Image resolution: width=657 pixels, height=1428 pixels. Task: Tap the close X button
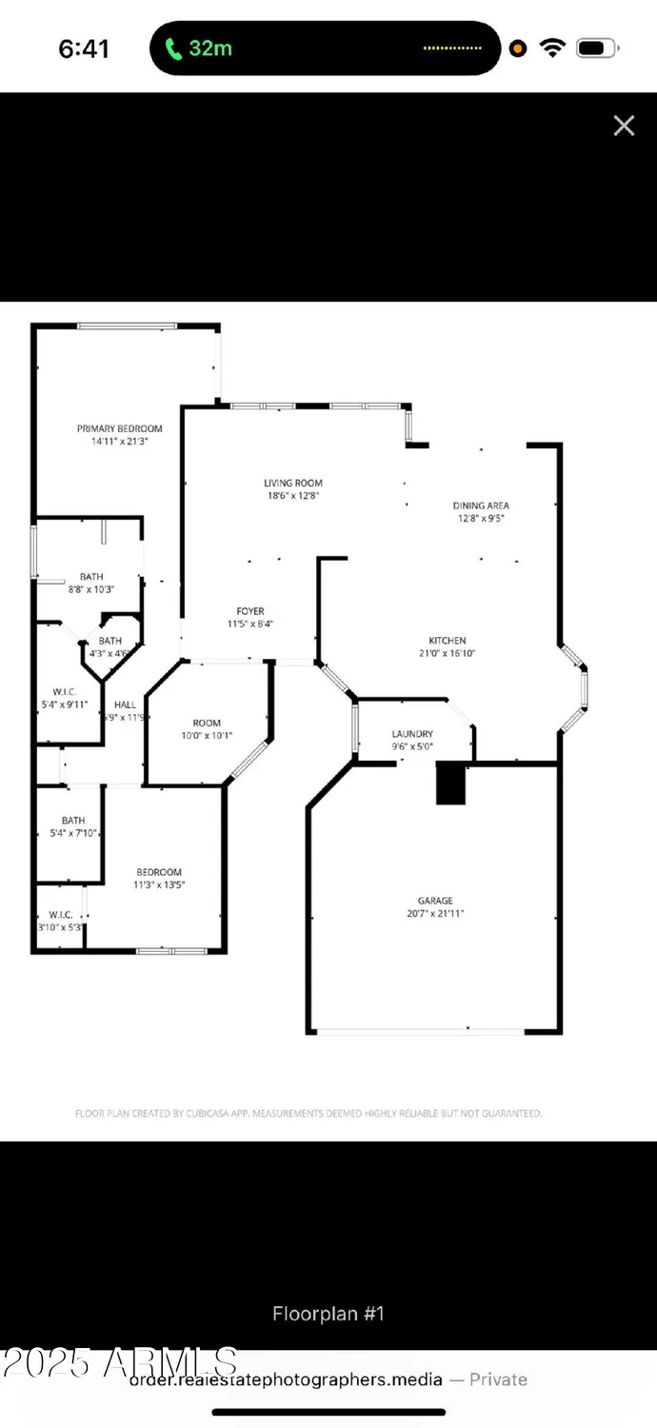click(x=624, y=126)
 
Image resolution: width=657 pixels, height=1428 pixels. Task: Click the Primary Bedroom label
click(x=120, y=435)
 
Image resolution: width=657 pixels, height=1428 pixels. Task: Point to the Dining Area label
click(x=481, y=512)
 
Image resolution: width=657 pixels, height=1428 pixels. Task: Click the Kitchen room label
click(x=447, y=647)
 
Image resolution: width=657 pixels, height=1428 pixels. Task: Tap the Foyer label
click(x=250, y=618)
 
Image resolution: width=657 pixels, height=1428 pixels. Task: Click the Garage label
click(x=435, y=907)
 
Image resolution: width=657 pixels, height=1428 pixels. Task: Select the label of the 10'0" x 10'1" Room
click(x=207, y=729)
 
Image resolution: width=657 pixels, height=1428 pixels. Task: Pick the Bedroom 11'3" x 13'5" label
click(x=159, y=878)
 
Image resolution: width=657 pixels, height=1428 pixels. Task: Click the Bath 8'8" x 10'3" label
click(x=91, y=583)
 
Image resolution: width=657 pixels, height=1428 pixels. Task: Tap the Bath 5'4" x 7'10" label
click(x=73, y=826)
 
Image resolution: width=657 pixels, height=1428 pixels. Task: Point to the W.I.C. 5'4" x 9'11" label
click(x=65, y=698)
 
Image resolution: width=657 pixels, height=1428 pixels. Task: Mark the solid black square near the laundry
click(x=450, y=784)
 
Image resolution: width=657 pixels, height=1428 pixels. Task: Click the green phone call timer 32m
click(x=200, y=49)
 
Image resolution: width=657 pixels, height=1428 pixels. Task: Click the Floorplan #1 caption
click(x=328, y=1314)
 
